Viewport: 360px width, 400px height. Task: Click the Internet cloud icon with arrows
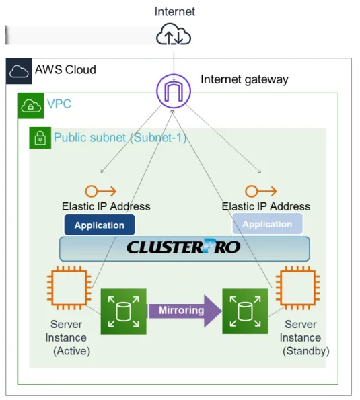(x=174, y=34)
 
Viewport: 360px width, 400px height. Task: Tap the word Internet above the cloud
(x=175, y=11)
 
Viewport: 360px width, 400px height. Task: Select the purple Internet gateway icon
(x=174, y=91)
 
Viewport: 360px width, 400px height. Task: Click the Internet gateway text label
(x=244, y=79)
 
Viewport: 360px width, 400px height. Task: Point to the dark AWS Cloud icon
(x=19, y=71)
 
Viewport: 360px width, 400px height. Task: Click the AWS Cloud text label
(x=65, y=70)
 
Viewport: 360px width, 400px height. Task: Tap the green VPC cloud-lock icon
(x=31, y=106)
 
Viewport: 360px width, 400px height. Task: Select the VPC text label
(x=59, y=104)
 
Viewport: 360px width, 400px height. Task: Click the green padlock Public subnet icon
(x=40, y=138)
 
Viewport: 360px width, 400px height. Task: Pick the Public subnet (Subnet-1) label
(x=120, y=138)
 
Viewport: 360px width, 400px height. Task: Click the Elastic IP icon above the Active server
(x=100, y=191)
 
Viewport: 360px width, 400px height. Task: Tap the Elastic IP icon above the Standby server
(x=260, y=191)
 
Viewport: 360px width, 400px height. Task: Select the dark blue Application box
(x=100, y=225)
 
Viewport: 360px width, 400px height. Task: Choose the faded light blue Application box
(x=267, y=224)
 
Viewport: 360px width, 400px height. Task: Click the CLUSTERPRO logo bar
(x=184, y=249)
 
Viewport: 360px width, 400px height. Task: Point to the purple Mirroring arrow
(x=185, y=311)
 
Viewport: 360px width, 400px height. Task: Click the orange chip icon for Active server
(x=69, y=288)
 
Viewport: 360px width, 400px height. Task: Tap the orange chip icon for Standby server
(x=297, y=288)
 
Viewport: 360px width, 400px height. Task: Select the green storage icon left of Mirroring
(x=124, y=311)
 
